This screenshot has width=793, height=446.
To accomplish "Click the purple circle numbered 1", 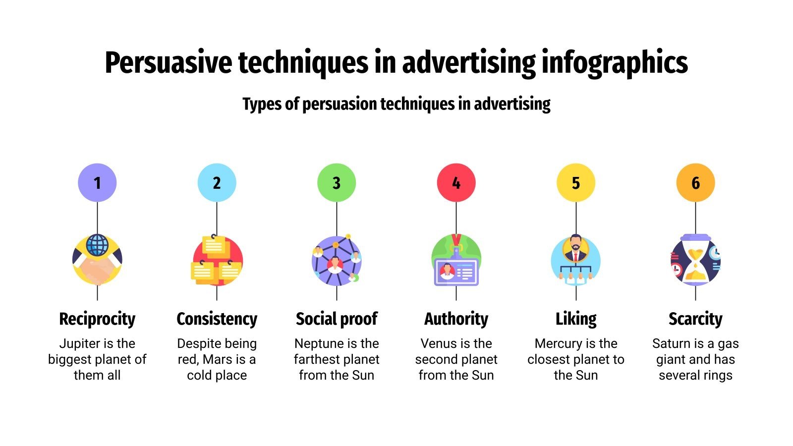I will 97,183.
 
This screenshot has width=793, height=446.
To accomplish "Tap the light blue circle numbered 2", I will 217,183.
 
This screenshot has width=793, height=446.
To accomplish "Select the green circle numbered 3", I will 337,183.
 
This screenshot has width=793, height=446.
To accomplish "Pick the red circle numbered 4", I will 456,183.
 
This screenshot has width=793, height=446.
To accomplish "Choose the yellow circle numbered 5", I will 576,183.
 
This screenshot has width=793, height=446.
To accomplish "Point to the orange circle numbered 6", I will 695,183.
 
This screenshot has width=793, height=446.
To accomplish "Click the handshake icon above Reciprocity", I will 97,261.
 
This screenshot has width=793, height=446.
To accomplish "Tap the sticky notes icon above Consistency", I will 217,261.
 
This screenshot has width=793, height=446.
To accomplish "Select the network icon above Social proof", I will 337,261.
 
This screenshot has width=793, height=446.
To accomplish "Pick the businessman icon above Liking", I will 576,261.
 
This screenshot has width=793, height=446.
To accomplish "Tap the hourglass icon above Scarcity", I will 695,261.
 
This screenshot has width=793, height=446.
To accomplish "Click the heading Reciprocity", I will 97,319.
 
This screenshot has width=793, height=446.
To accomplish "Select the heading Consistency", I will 217,319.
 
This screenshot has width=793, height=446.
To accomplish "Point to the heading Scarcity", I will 695,319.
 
